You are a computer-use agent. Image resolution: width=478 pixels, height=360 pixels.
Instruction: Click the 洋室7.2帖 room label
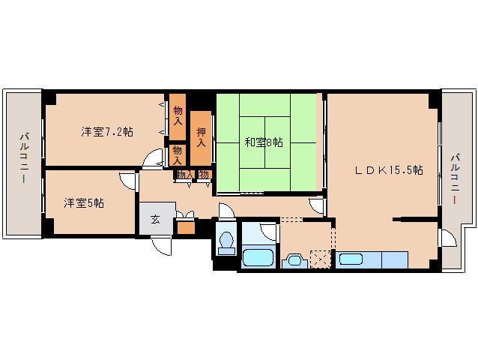[106, 132]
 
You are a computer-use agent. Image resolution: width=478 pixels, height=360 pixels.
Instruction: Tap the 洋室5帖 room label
[84, 202]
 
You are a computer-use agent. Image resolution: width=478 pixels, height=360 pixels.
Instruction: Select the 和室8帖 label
[264, 142]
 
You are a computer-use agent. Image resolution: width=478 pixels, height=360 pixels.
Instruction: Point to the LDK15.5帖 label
[389, 170]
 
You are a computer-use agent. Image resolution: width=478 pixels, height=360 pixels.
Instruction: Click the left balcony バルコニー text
[25, 157]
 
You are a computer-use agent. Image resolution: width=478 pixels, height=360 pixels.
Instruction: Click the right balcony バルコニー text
[456, 179]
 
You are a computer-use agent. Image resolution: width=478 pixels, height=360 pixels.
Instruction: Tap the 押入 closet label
[201, 137]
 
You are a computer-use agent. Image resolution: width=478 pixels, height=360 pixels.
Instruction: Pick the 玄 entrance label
[156, 219]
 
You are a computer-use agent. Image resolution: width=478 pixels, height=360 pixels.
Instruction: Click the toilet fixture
[226, 243]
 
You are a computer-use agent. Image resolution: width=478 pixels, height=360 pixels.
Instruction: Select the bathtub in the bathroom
[258, 258]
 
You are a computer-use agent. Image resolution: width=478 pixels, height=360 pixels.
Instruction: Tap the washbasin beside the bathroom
[294, 261]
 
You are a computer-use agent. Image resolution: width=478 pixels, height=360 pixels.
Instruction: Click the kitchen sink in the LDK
[351, 259]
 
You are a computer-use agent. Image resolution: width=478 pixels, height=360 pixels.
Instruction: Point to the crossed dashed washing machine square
[320, 259]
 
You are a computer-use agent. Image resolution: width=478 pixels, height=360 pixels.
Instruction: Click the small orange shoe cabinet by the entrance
[186, 226]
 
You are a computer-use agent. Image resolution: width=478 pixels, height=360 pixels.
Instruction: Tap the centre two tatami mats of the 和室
[264, 142]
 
